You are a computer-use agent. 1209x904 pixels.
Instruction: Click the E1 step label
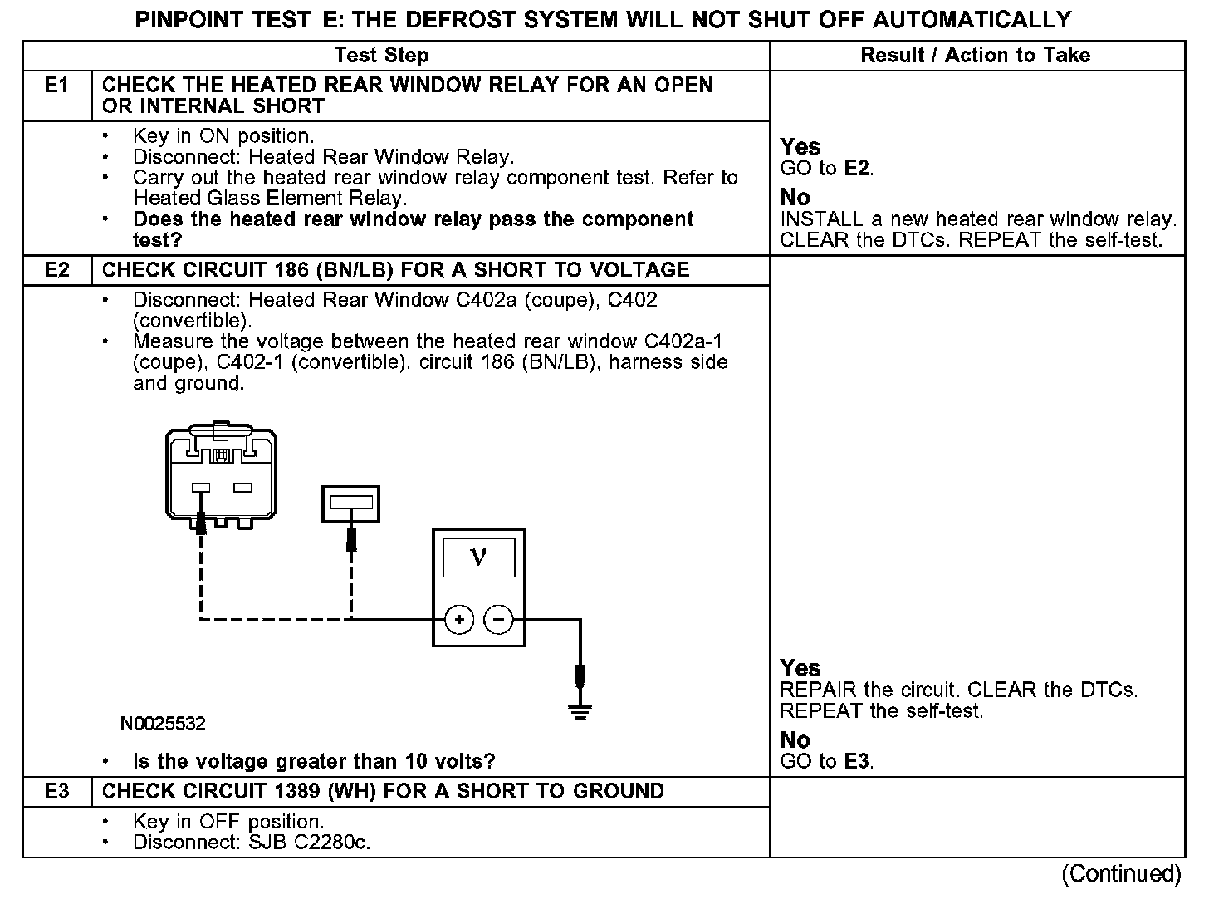(x=56, y=86)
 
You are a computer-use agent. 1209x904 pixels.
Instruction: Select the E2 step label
(x=56, y=270)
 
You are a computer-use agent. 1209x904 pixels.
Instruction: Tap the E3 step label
(x=56, y=791)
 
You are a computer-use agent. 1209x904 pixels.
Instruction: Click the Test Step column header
(x=381, y=56)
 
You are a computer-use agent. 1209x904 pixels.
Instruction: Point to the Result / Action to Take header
(x=975, y=56)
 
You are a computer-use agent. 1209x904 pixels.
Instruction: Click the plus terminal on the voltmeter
(x=459, y=620)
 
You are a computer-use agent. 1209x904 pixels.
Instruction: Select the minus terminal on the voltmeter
(x=498, y=620)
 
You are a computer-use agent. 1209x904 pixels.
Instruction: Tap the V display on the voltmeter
(x=478, y=558)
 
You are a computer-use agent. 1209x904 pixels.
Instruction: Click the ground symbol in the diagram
(x=580, y=711)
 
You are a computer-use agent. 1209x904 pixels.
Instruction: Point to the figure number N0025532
(x=163, y=724)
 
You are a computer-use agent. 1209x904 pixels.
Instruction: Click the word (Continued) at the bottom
(x=1121, y=874)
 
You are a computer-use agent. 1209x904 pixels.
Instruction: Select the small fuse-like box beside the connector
(x=350, y=504)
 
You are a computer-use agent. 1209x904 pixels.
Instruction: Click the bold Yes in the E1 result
(x=800, y=147)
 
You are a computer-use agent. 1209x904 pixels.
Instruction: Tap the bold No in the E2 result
(x=795, y=739)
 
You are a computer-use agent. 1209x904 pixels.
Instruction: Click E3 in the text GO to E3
(x=858, y=761)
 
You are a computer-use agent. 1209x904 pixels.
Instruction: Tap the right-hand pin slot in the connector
(x=242, y=488)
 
